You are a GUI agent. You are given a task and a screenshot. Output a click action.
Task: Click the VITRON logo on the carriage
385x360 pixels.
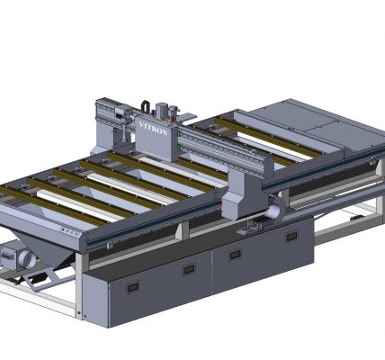pos(153,129)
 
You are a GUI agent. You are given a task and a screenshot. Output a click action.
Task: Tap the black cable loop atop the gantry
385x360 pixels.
pos(146,105)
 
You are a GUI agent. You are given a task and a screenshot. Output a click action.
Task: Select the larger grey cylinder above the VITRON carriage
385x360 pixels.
pos(161,110)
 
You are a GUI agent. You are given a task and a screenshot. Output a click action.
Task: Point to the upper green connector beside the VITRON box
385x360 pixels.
pos(179,134)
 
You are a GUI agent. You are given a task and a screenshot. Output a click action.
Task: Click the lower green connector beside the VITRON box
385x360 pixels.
pos(179,147)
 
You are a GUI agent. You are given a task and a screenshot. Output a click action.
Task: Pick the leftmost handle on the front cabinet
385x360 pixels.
pos(133,288)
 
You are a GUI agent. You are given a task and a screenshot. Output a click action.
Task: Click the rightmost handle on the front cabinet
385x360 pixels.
pos(291,237)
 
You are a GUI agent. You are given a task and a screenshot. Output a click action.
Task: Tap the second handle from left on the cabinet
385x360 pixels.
pos(190,270)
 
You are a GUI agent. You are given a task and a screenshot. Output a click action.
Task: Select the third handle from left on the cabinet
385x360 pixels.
pos(236,255)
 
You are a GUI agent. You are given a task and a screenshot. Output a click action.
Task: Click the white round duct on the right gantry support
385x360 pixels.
pos(275,211)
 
